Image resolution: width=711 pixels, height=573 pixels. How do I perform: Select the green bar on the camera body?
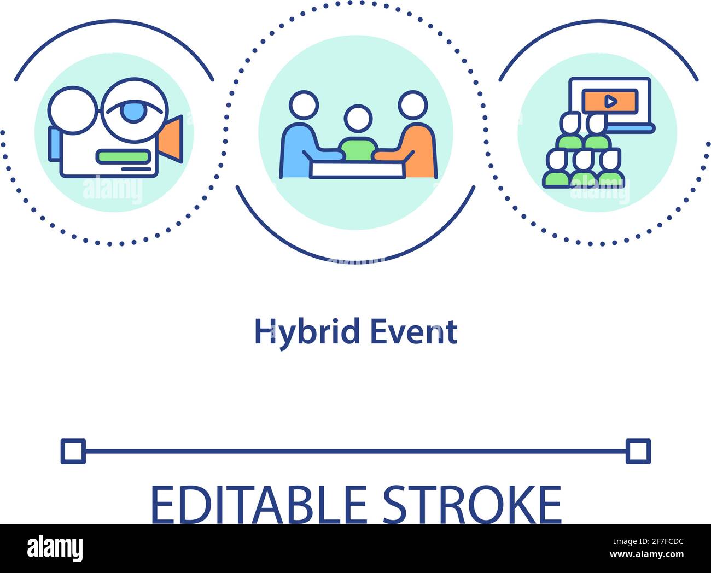(x=123, y=156)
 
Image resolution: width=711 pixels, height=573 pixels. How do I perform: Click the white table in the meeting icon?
(x=358, y=169)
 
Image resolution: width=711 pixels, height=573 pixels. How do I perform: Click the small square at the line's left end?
(x=73, y=451)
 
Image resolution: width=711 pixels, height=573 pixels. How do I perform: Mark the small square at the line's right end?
(x=638, y=451)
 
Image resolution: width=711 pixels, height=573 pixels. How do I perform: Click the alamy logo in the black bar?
(x=55, y=548)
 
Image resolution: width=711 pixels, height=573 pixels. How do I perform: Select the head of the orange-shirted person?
(x=412, y=105)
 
